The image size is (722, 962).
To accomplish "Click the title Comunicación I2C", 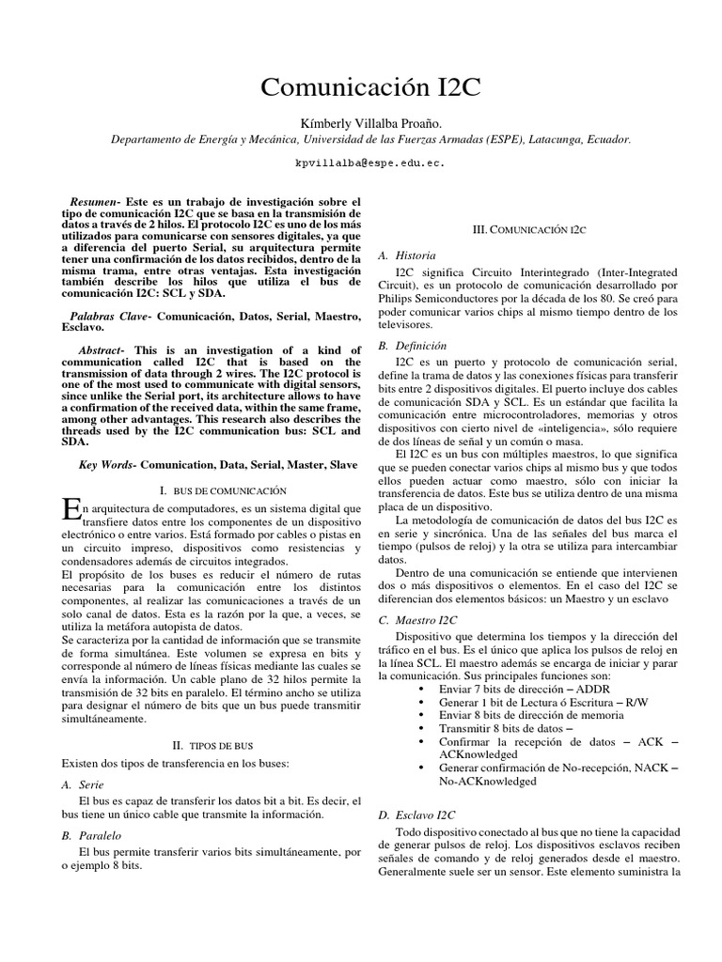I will pos(369,87).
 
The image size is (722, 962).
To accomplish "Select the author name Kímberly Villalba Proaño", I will pos(370,122).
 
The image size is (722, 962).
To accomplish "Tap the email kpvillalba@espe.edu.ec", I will pos(369,163).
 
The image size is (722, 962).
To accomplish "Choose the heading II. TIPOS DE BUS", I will pos(212,742).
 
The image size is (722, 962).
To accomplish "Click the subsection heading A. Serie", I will pos(82,784).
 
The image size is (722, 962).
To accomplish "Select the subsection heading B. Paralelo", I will pos(92,834).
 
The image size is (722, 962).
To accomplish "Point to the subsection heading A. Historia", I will pos(405,255).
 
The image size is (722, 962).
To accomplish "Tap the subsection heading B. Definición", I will pos(413,346).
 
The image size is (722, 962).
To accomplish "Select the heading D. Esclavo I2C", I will pos(416,815).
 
